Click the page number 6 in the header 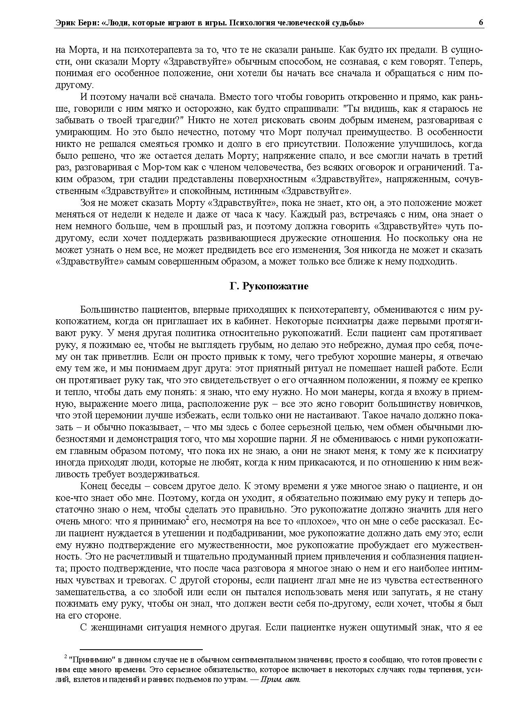(x=481, y=23)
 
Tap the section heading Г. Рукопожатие (x=269, y=286)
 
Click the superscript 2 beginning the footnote (x=65, y=657)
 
